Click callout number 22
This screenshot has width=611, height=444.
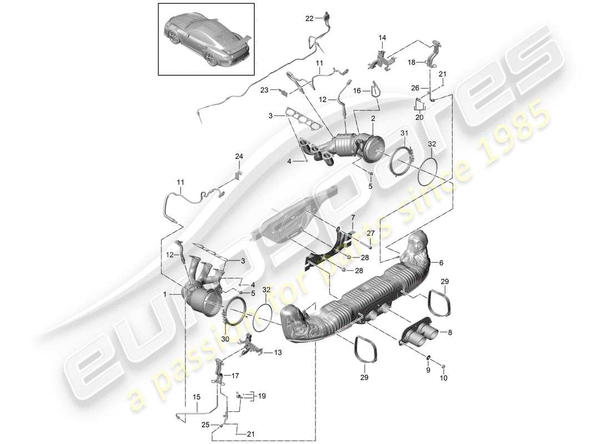click(x=309, y=18)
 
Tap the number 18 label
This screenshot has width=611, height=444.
click(x=412, y=63)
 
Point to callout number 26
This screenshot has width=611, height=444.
click(x=415, y=87)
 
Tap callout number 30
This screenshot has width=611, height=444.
click(x=225, y=340)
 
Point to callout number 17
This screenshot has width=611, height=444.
click(x=236, y=375)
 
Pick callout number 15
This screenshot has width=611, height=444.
click(x=196, y=397)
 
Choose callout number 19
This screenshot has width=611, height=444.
click(x=262, y=396)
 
